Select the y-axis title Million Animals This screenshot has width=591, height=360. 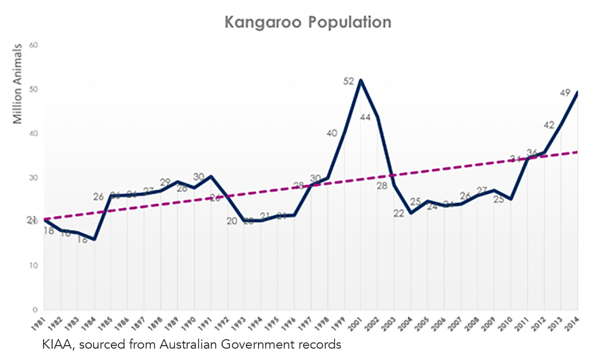[x=17, y=84]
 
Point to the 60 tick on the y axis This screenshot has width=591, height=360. [x=34, y=45]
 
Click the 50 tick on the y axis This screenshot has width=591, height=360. [x=34, y=89]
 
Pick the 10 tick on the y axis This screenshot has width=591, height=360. [x=34, y=266]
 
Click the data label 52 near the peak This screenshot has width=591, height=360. [x=349, y=82]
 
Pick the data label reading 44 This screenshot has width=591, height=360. [x=365, y=117]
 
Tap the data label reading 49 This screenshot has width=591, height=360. [x=565, y=93]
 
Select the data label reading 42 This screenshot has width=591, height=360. [x=549, y=125]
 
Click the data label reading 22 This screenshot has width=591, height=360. [x=399, y=213]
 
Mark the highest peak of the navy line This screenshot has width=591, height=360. [x=361, y=80]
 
